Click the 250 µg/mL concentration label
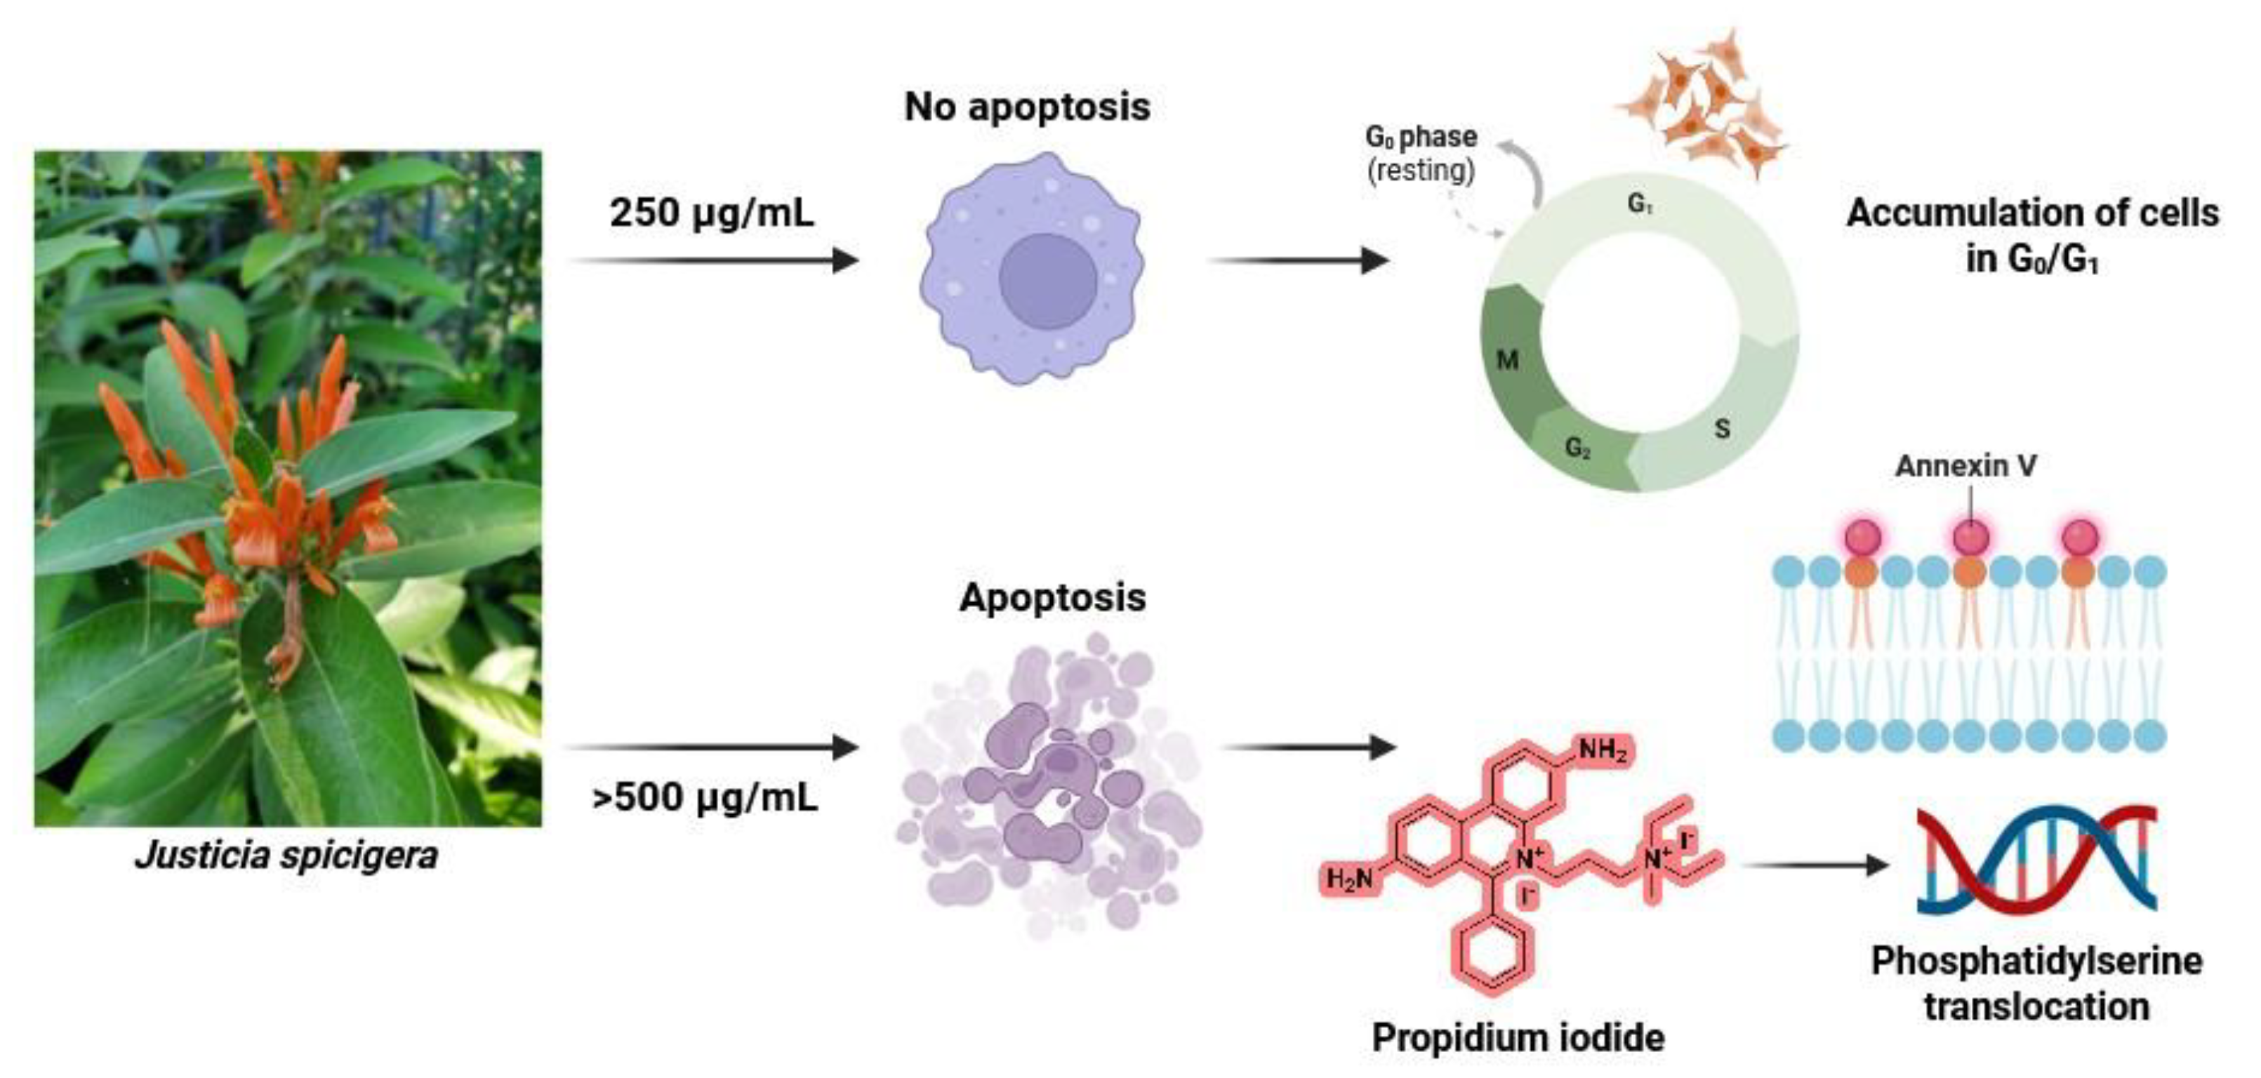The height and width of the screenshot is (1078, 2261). [x=712, y=213]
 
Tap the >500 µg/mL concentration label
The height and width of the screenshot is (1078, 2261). [x=705, y=797]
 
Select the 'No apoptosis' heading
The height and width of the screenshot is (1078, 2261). [x=1027, y=107]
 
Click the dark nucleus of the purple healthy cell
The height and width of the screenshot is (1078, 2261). [x=1047, y=281]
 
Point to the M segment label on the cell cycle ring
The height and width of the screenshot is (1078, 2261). [x=1507, y=360]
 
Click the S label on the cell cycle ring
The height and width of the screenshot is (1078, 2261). [x=1722, y=430]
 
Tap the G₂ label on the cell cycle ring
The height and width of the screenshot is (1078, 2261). [x=1577, y=448]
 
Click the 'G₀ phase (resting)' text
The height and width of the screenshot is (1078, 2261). [x=1420, y=153]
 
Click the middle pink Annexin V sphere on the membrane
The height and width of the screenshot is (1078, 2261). [x=1970, y=536]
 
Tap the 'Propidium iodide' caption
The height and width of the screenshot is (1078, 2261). [x=1518, y=1037]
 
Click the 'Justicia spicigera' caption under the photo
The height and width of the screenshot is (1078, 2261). [x=286, y=855]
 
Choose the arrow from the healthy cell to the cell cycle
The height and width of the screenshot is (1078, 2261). [x=1299, y=260]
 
